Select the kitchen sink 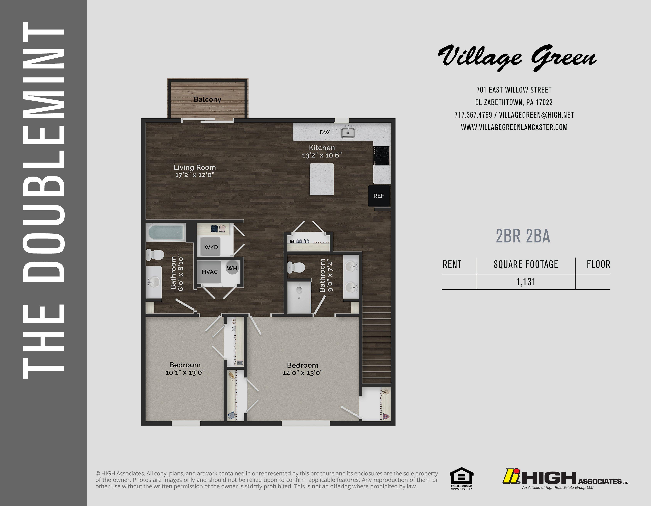(348, 132)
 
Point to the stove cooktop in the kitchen (382, 156)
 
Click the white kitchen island (322, 179)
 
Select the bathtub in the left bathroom (166, 233)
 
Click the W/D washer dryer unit (211, 247)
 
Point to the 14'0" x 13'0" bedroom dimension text (303, 373)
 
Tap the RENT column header (452, 264)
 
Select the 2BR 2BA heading (523, 236)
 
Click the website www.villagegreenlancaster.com (514, 127)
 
